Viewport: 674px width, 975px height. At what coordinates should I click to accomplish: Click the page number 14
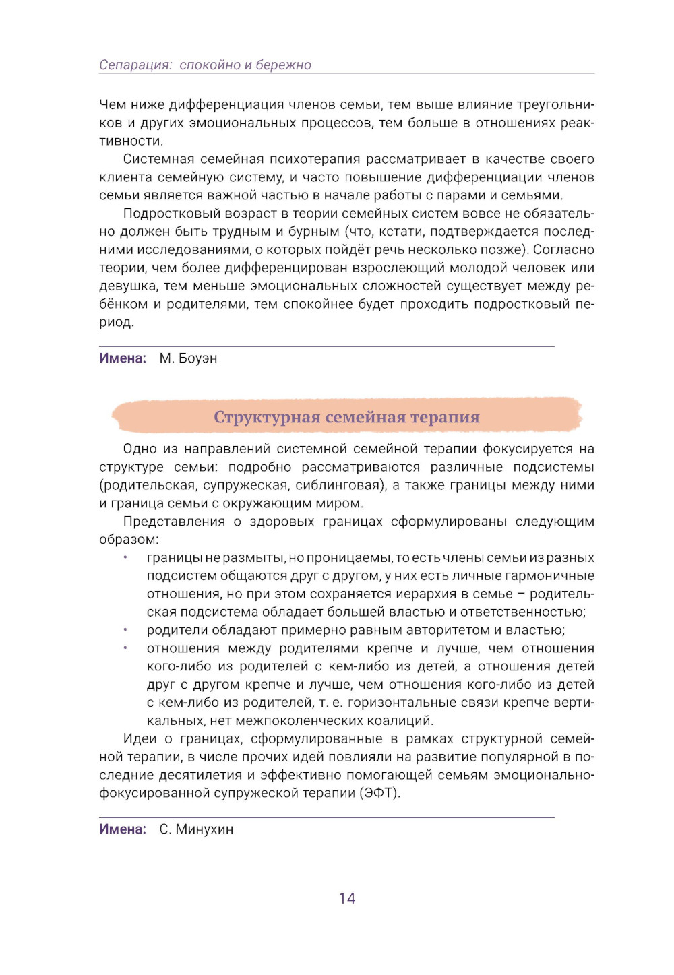[x=346, y=898]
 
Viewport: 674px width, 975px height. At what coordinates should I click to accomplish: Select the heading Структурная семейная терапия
[x=346, y=417]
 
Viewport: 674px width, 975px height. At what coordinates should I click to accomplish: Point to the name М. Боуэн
[x=188, y=358]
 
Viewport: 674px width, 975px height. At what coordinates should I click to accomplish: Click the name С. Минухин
[x=196, y=829]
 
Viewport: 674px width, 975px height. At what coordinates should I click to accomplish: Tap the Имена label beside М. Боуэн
[x=123, y=358]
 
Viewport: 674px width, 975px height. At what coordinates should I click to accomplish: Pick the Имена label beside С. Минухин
[x=123, y=829]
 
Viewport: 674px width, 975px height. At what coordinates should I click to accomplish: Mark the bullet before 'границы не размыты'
[x=125, y=557]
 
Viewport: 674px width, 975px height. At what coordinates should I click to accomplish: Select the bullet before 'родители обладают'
[x=125, y=630]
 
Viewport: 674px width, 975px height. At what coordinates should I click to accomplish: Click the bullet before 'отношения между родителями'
[x=125, y=648]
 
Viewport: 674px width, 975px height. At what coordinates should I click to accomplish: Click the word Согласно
[x=564, y=250]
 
